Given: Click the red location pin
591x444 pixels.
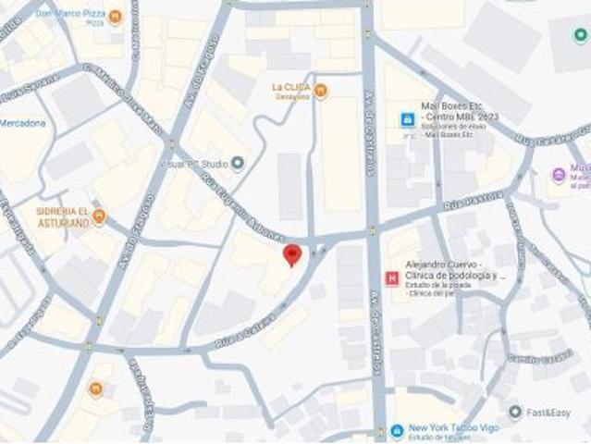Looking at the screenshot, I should pos(292,254).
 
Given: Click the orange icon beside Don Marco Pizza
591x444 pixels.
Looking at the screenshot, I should pos(116,17).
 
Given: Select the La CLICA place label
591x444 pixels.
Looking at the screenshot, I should pos(290,89).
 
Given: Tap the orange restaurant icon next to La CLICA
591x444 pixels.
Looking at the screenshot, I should pos(320,90).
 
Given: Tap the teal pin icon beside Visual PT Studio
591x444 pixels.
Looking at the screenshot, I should pos(238,164).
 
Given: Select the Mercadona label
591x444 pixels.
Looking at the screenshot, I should pos(22,123).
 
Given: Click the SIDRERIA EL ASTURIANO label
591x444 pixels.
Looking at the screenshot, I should pos(63,216).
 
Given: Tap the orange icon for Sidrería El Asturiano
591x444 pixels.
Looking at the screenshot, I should pos(99,216).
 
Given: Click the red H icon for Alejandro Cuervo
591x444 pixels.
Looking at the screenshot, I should pos(392,277).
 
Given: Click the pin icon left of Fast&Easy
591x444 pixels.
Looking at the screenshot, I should pos(515,412).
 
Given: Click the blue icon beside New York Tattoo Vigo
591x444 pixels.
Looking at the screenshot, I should pos(396,431).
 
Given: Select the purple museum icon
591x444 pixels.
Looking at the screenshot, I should pos(559,175).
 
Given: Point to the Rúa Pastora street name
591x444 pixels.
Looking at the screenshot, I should pos(473,202).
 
